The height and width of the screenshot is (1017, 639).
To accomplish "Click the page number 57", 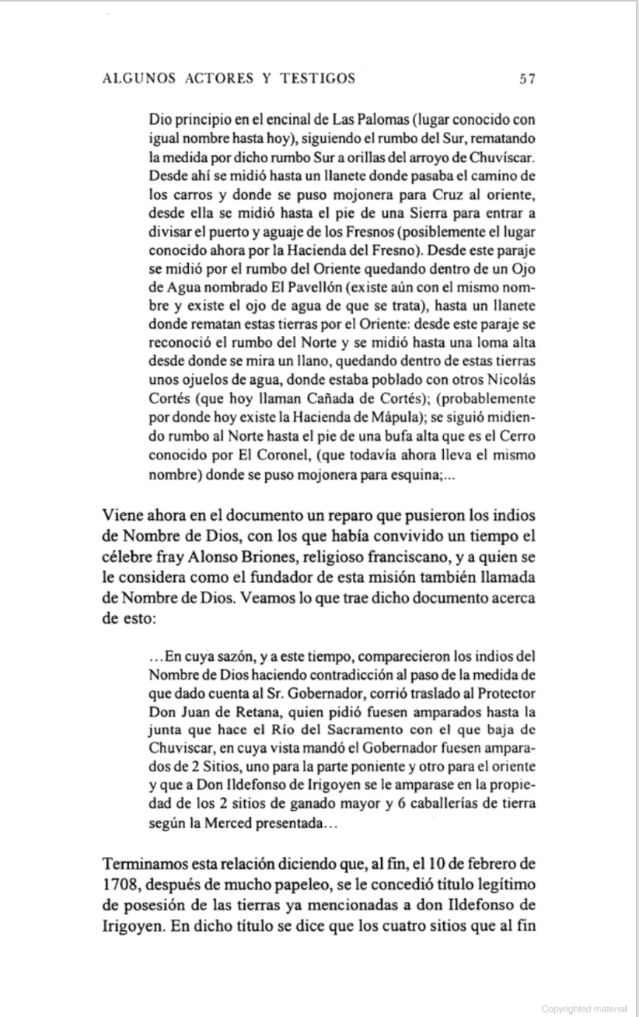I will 528,79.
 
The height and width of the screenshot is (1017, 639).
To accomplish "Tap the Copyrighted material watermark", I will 583,1008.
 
